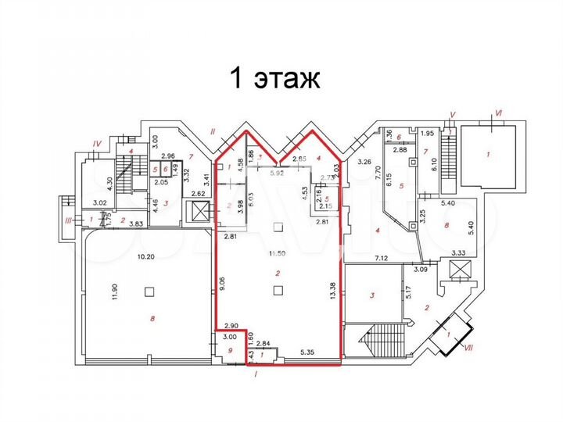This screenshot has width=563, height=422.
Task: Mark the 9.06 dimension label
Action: pyautogui.click(x=223, y=284)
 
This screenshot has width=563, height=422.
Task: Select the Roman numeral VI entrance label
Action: pyautogui.click(x=497, y=114)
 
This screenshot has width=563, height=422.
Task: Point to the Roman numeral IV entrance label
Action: pyautogui.click(x=97, y=143)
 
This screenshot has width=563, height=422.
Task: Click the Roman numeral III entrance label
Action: pyautogui.click(x=69, y=221)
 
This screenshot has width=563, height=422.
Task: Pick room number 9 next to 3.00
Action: pyautogui.click(x=229, y=351)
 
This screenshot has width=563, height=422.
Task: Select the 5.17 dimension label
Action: pyautogui.click(x=407, y=295)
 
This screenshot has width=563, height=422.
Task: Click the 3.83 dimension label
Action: pyautogui.click(x=134, y=224)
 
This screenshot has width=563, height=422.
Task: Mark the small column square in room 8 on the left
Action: pyautogui.click(x=148, y=291)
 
